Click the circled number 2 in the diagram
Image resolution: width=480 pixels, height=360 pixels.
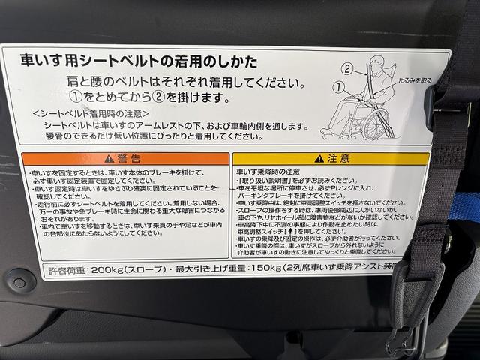(x=347, y=67)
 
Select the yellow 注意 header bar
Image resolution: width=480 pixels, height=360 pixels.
(x=330, y=158)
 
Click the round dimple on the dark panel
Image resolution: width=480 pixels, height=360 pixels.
(x=16, y=283)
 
